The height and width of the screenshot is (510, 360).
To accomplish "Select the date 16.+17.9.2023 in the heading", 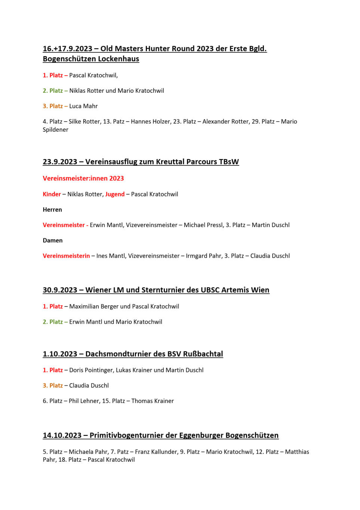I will tap(67, 49).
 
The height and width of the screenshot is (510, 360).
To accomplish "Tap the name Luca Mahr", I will tap(83, 106).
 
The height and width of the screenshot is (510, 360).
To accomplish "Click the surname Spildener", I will tap(55, 130).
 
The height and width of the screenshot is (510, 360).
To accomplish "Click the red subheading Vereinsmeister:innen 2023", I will tap(83, 178).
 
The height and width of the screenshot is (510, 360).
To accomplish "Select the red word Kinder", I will tap(52, 194).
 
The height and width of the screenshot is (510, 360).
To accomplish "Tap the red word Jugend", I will tap(115, 194).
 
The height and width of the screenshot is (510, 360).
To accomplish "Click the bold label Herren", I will tap(52, 210).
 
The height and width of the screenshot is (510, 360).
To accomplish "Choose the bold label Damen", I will tap(53, 241).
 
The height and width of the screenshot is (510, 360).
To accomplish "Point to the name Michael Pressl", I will tap(204, 225).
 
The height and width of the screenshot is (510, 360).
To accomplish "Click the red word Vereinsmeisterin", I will tap(66, 256).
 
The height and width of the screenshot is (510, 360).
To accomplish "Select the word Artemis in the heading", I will tap(235, 290).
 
